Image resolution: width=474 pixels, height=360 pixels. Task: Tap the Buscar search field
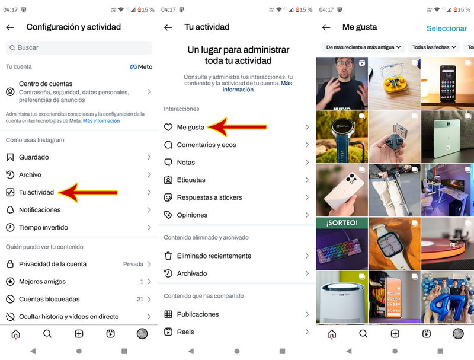[79, 47]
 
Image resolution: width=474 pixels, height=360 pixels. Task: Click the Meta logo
[141, 67]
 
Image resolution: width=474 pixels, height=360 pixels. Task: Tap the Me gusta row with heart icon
[191, 127]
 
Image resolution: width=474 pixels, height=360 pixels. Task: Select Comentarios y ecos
[206, 145]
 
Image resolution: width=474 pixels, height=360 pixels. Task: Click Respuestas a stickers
[209, 197]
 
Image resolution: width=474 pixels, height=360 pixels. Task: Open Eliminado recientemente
[214, 256]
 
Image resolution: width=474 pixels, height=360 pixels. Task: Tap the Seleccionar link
[446, 28]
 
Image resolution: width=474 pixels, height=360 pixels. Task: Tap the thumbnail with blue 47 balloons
[447, 297]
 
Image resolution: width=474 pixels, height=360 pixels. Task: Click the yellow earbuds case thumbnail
[394, 83]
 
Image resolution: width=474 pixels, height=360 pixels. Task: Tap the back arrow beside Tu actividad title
[168, 27]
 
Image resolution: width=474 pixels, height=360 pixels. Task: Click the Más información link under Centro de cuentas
[101, 120]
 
